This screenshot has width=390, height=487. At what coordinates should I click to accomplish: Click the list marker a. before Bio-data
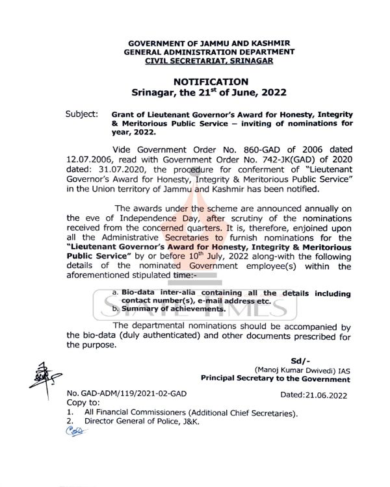(x=115, y=293)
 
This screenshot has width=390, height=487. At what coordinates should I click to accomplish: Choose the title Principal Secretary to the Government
(x=275, y=379)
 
